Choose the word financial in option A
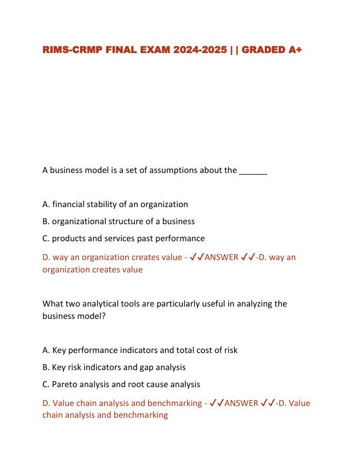tap(70, 204)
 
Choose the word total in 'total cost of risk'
tap(171, 350)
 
